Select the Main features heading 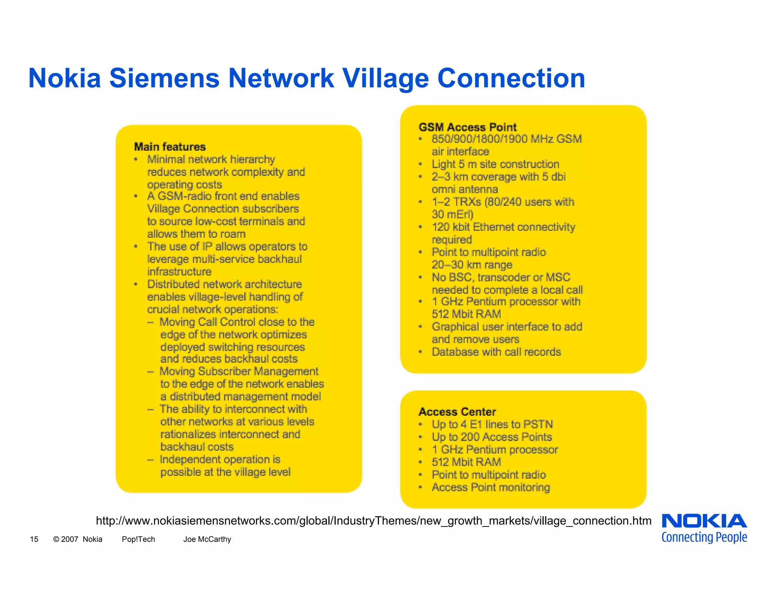pos(170,147)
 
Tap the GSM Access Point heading pos(468,127)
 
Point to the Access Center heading pos(457,412)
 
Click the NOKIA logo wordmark pos(704,521)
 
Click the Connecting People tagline pos(704,537)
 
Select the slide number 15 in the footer pos(34,539)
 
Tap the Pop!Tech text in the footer pos(138,539)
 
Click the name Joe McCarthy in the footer pos(207,539)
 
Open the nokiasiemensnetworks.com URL pos(373,521)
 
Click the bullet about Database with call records pos(496,352)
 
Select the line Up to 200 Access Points pos(491,437)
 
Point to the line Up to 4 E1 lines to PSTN pos(492,424)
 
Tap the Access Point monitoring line pos(491,487)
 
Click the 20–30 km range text pos(472,265)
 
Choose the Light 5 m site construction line pos(495,164)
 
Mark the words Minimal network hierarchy pos(211,159)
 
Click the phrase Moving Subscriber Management pos(239,371)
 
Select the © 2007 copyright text pos(65,539)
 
